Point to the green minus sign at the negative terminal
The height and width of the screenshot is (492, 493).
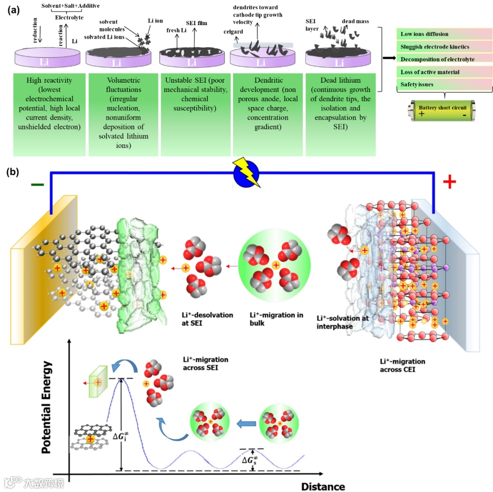coord(37,185)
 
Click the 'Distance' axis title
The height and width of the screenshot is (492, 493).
coord(323,485)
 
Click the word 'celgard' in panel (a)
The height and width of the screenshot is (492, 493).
coord(233,32)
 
